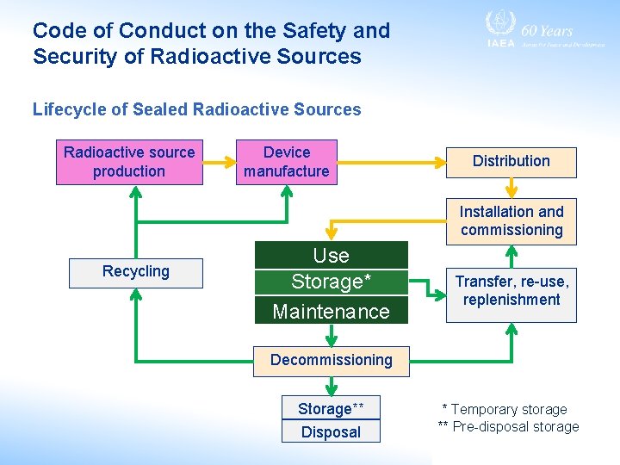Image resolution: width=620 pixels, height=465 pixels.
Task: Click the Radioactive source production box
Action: click(129, 162)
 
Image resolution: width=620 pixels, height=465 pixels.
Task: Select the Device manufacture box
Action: click(286, 162)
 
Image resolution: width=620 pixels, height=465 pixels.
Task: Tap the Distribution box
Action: click(511, 162)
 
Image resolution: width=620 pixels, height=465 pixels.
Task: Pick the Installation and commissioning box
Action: click(511, 220)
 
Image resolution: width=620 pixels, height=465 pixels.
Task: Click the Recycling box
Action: click(136, 272)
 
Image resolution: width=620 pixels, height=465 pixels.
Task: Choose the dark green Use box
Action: click(331, 255)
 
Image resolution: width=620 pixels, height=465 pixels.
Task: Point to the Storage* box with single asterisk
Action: click(331, 282)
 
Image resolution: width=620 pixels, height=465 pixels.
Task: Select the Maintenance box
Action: click(331, 310)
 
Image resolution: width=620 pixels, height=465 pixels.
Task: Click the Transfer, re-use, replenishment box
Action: click(511, 291)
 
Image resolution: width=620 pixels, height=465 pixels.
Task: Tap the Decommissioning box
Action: click(331, 360)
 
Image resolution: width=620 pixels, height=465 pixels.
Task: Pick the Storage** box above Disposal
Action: click(331, 409)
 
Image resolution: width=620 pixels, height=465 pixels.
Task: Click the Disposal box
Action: click(331, 432)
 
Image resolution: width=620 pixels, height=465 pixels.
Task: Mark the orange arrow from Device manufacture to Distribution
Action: click(387, 161)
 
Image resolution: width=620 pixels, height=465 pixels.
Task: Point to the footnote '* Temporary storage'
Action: click(504, 410)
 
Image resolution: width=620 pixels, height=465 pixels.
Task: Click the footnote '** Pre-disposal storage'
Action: click(508, 427)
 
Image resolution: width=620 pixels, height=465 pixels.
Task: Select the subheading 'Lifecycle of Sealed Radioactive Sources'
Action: click(196, 109)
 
